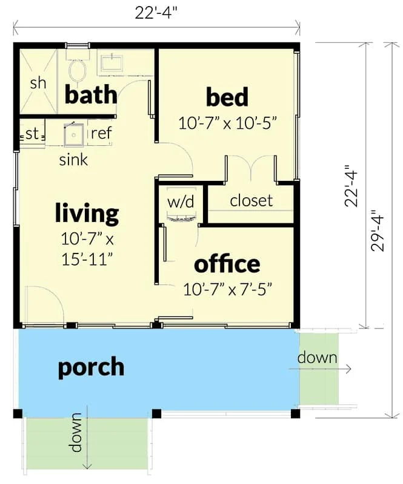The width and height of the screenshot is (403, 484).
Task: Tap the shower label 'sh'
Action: [38, 83]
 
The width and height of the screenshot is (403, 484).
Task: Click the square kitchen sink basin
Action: [74, 134]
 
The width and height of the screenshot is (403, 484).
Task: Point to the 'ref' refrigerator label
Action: [101, 133]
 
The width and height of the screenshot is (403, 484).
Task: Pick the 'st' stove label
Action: [32, 134]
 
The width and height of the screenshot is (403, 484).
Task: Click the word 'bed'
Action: [227, 97]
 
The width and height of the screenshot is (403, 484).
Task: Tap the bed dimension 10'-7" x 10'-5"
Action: [227, 123]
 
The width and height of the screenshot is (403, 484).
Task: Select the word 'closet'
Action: [251, 201]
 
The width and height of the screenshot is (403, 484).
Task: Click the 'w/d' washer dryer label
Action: [181, 202]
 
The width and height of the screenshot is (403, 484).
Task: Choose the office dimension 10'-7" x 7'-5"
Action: [228, 290]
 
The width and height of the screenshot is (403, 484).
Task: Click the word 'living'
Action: [87, 214]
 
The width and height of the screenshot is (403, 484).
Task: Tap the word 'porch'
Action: [91, 367]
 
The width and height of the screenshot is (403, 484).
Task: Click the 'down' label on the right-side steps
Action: [318, 358]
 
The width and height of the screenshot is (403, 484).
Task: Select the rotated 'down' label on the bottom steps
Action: [75, 432]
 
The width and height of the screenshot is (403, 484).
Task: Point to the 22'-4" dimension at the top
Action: [156, 13]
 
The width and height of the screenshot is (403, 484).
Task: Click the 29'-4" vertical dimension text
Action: [378, 231]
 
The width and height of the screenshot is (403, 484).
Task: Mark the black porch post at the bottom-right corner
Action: [295, 414]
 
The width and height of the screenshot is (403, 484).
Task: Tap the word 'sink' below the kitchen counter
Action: [73, 160]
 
